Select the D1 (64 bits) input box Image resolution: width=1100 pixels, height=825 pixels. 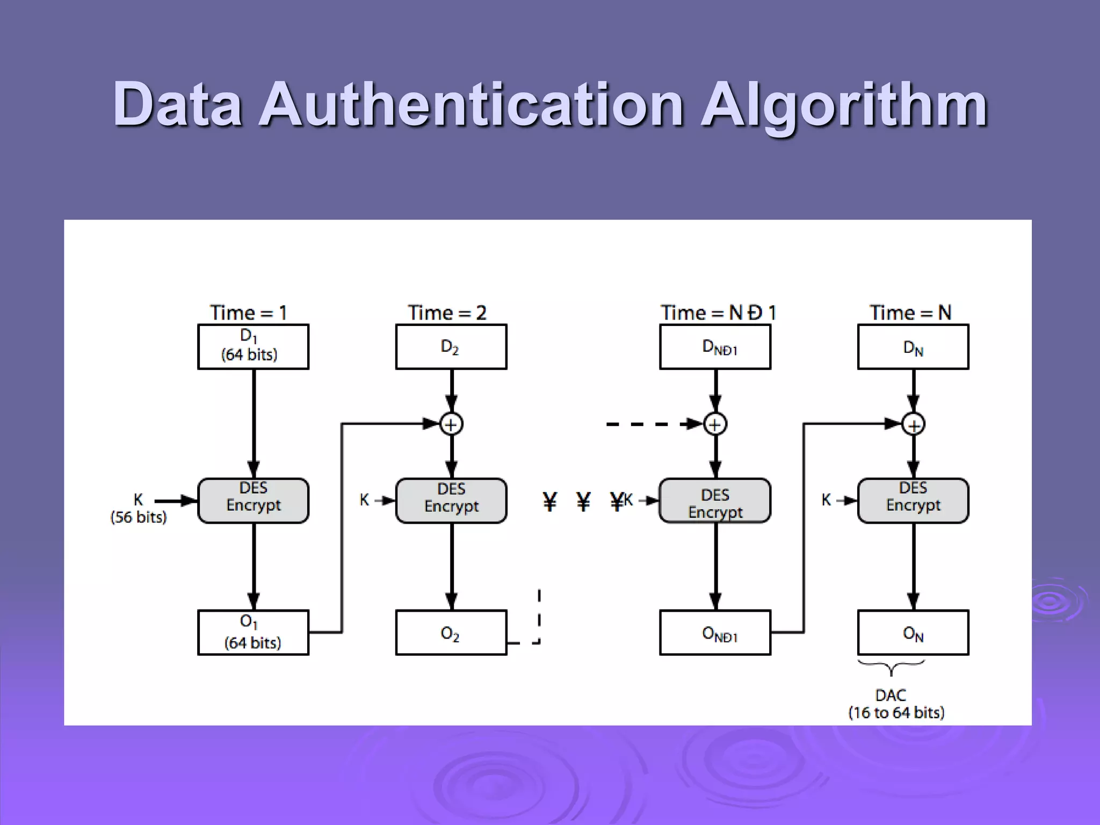click(253, 346)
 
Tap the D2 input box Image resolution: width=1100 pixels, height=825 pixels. click(451, 346)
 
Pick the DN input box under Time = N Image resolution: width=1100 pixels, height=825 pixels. click(913, 346)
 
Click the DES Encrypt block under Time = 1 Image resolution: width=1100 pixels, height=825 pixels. click(253, 500)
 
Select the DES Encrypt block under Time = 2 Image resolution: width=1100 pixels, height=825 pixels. click(451, 500)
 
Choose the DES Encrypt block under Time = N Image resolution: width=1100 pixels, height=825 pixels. click(913, 500)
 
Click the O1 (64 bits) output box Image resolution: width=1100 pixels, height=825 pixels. click(253, 632)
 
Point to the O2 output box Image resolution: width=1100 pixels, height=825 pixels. click(451, 632)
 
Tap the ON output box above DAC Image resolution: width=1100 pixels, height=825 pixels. click(913, 632)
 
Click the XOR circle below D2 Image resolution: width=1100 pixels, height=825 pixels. click(451, 424)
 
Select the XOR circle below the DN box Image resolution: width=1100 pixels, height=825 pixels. click(913, 425)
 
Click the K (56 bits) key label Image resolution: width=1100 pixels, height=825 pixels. click(139, 508)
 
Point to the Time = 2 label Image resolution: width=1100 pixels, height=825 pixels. click(447, 313)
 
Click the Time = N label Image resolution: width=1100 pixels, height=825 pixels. click(910, 313)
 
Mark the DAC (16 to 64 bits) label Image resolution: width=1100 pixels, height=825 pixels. click(896, 704)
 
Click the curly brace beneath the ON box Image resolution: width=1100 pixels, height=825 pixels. click(892, 667)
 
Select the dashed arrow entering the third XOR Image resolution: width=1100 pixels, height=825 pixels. click(650, 424)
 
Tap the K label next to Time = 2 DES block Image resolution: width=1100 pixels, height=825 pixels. click(364, 500)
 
